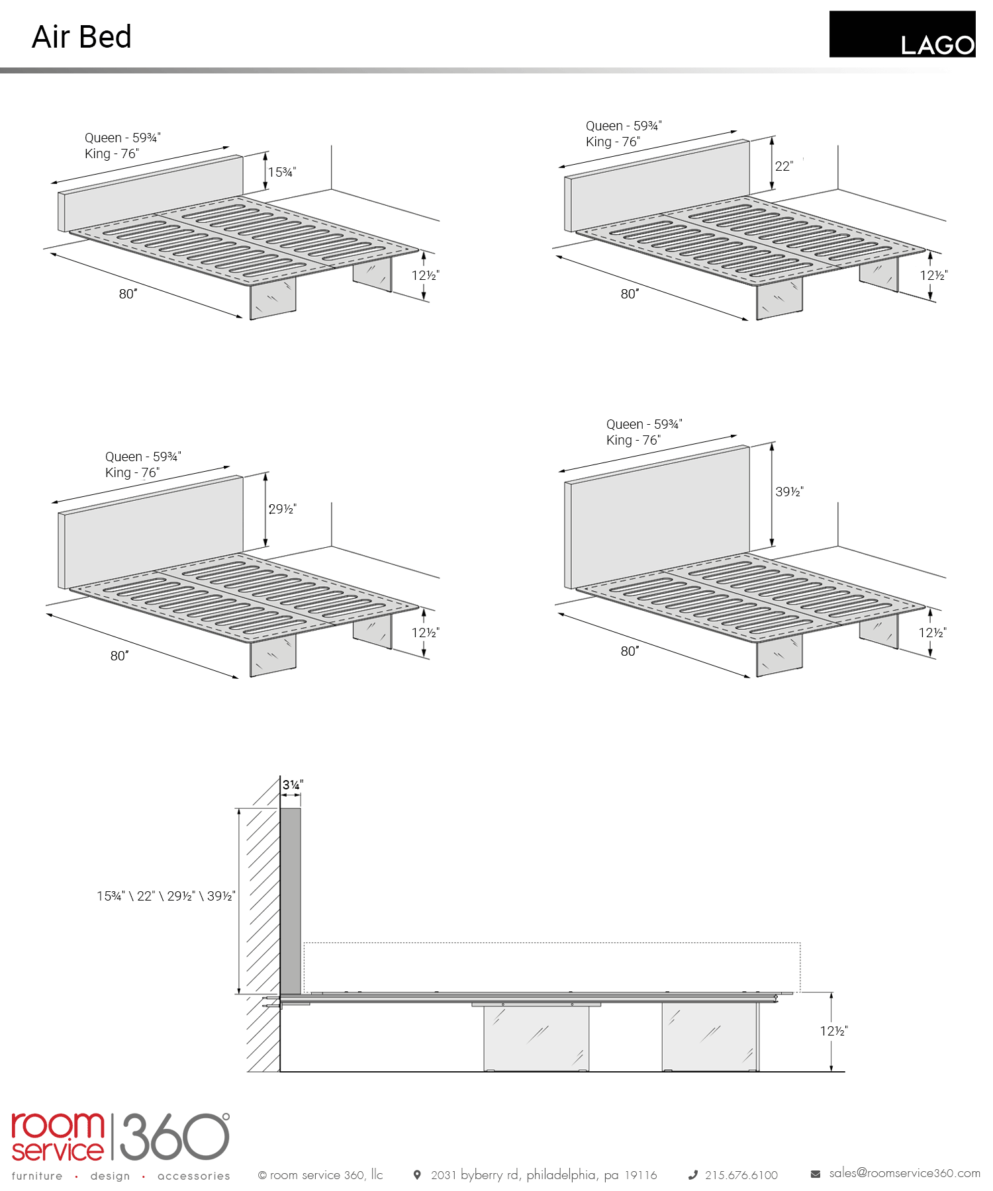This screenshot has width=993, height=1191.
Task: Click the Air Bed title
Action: click(x=81, y=37)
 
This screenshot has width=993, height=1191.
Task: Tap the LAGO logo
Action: click(x=902, y=34)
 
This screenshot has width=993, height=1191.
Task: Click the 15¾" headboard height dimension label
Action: click(x=282, y=172)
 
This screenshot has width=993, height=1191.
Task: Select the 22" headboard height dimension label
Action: click(x=784, y=166)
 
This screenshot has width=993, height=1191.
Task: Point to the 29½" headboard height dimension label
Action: click(x=283, y=509)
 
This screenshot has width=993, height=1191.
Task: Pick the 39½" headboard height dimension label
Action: click(x=789, y=492)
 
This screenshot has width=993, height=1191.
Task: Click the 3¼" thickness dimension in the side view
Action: click(x=293, y=785)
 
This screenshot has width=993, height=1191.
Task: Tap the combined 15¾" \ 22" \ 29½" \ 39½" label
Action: click(x=166, y=896)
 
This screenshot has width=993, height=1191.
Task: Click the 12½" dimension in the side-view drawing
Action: click(x=833, y=1031)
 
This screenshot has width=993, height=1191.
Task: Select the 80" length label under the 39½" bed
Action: click(x=630, y=651)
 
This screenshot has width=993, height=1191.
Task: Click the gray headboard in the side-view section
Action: click(x=291, y=901)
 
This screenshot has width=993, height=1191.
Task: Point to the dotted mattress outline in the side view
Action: click(x=551, y=943)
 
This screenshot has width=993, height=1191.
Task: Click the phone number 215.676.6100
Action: click(x=741, y=1175)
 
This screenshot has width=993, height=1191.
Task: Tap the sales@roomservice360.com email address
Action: click(x=904, y=1173)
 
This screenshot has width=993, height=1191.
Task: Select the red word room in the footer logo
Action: click(x=58, y=1125)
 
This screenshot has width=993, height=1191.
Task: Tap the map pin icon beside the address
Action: click(x=417, y=1175)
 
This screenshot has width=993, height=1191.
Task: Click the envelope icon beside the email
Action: click(x=816, y=1174)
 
